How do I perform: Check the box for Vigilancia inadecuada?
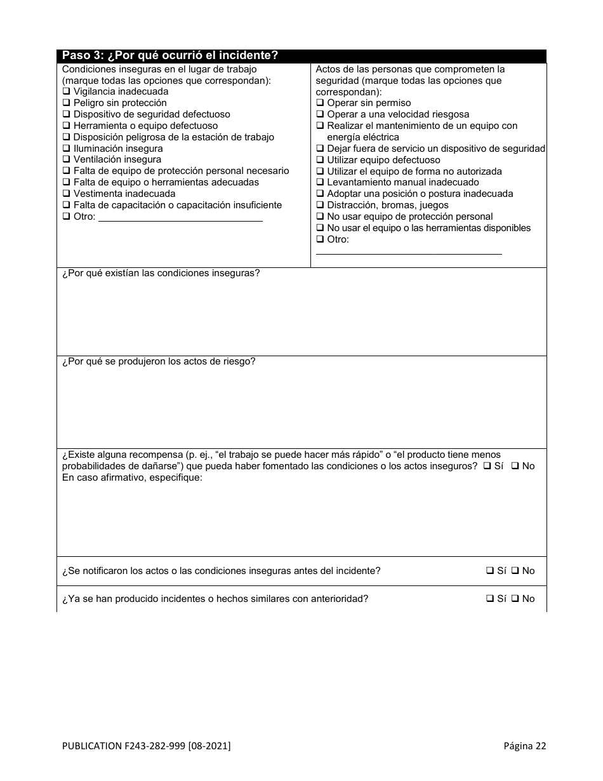click(66, 91)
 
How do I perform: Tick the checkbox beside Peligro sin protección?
click(66, 103)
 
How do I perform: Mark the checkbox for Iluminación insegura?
click(66, 149)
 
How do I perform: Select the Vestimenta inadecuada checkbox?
click(66, 194)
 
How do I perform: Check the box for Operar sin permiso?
click(320, 103)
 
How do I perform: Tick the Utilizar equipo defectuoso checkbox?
click(320, 160)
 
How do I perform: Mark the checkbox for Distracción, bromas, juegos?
click(320, 205)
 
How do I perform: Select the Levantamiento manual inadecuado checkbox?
click(320, 182)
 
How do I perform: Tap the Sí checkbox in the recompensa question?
click(487, 466)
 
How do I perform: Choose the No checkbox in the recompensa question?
click(515, 466)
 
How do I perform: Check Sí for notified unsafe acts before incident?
click(490, 571)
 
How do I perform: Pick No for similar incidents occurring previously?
click(515, 599)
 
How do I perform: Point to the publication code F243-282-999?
click(146, 746)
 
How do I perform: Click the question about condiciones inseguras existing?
click(161, 273)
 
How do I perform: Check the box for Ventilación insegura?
click(66, 160)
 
